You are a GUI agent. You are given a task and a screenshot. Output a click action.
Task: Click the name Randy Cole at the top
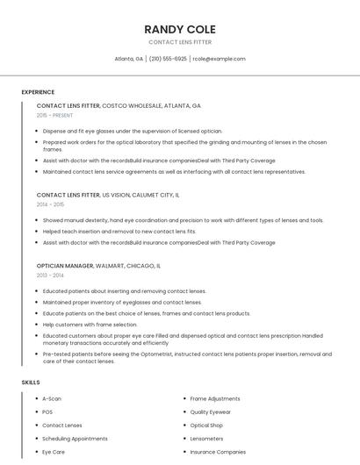[180, 29]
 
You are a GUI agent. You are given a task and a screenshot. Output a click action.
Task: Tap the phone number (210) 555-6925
[168, 59]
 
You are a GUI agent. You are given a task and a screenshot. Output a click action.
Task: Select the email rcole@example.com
[219, 59]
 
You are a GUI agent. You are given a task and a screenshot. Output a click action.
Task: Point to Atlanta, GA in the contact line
[128, 59]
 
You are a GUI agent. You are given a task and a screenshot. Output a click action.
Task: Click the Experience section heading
[38, 92]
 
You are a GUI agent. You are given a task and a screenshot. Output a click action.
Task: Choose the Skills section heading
[30, 383]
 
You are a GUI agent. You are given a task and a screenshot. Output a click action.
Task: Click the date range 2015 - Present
[54, 115]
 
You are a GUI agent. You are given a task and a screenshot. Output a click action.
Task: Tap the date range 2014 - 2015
[50, 204]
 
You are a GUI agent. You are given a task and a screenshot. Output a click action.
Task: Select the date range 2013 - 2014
[50, 275]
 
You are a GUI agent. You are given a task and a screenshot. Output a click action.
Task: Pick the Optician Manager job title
[65, 265]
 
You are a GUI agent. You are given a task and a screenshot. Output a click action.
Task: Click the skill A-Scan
[52, 398]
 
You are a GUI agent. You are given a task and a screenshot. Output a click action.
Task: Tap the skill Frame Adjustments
[215, 398]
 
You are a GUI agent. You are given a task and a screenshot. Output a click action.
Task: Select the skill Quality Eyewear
[211, 411]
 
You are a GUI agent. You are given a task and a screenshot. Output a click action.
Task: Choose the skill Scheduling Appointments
[75, 438]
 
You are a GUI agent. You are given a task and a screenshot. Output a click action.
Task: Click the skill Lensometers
[206, 438]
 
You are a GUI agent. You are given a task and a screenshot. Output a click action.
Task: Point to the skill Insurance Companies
[218, 452]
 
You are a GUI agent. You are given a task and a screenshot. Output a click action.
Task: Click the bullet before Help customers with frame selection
[37, 325]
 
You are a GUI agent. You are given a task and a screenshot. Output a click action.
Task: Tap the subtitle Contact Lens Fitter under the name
[180, 42]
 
